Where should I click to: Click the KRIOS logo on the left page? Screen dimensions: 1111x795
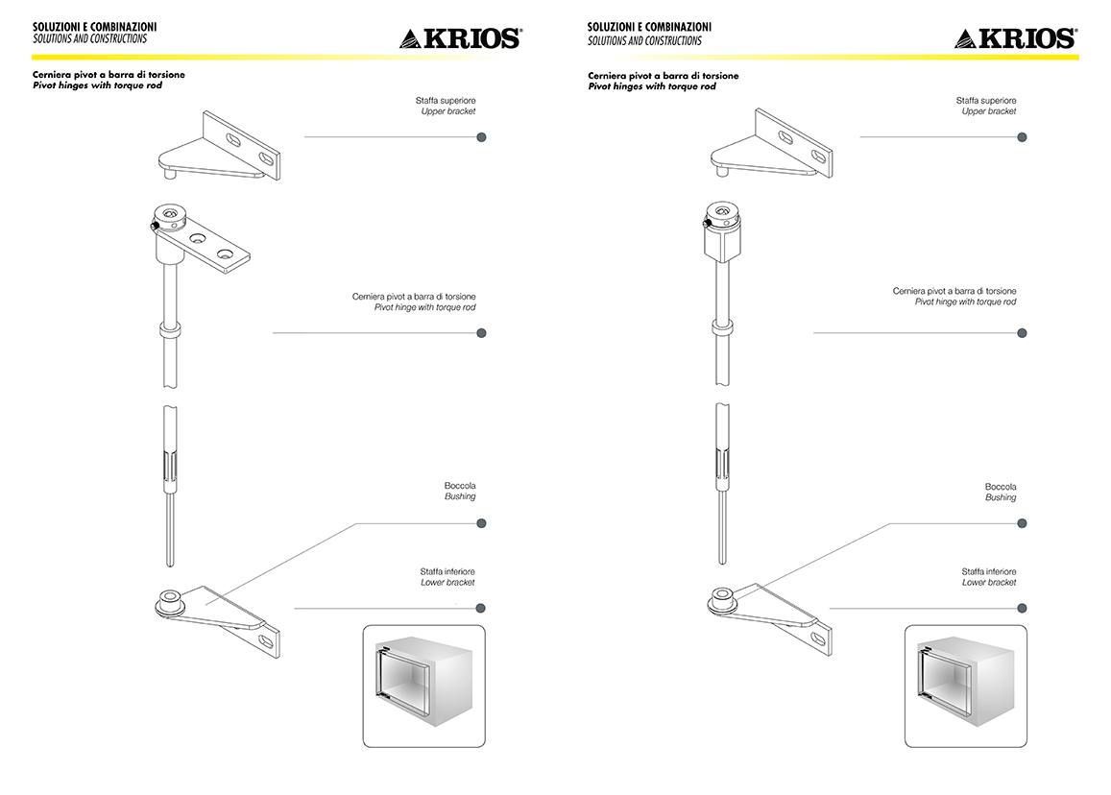click(461, 38)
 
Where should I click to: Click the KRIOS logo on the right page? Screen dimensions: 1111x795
click(1015, 38)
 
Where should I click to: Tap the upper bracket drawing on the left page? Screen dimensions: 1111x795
click(219, 146)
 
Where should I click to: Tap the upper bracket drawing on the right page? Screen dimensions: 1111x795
click(772, 144)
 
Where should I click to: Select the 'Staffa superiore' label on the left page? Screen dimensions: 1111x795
click(446, 101)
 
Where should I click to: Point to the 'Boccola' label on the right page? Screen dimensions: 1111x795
click(1001, 487)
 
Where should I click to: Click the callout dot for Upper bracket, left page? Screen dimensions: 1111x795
click(482, 137)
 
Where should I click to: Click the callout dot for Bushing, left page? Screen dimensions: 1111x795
click(482, 523)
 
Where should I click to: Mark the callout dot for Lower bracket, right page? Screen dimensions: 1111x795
click(1022, 608)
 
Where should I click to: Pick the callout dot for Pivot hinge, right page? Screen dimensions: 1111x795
click(1022, 333)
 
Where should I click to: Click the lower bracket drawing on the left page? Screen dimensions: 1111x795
click(218, 621)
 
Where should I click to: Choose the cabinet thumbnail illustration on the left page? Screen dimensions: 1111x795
click(423, 686)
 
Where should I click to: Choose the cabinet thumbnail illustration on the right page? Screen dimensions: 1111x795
click(966, 686)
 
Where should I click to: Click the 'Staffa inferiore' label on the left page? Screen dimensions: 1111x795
click(447, 572)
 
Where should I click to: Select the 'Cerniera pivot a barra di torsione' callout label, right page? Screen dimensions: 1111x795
click(954, 291)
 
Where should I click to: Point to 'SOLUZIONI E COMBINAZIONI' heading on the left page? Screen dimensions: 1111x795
click(95, 27)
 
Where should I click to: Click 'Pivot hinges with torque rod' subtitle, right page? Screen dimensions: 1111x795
click(652, 86)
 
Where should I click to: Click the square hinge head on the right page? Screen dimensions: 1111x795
click(723, 231)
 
